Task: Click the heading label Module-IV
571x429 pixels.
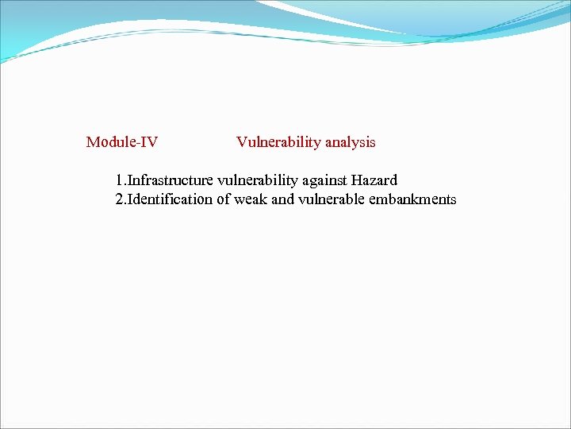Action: pos(122,142)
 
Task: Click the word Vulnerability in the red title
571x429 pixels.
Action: pos(278,143)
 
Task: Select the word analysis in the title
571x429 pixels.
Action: pos(350,143)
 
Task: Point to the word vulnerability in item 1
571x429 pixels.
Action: pos(256,181)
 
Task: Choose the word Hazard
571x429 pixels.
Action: pos(375,181)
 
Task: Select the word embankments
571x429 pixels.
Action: pos(412,199)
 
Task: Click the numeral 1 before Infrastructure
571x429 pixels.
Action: pos(119,181)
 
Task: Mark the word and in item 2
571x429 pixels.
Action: pos(283,199)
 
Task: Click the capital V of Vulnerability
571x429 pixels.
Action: pos(241,143)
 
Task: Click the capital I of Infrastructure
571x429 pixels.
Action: pos(129,181)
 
